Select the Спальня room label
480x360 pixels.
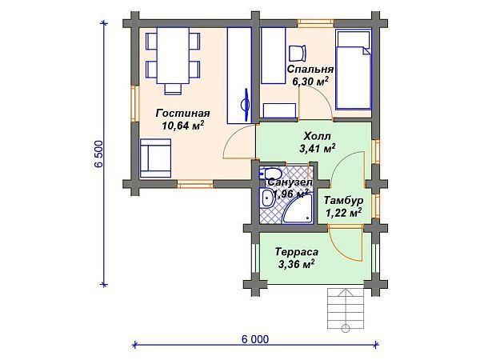pos(310,69)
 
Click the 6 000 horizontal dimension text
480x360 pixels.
pos(254,338)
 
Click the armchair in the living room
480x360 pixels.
pos(156,158)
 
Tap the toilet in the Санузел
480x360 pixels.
pos(270,174)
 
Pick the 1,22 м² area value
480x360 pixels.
pos(345,212)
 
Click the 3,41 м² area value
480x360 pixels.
pos(317,148)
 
